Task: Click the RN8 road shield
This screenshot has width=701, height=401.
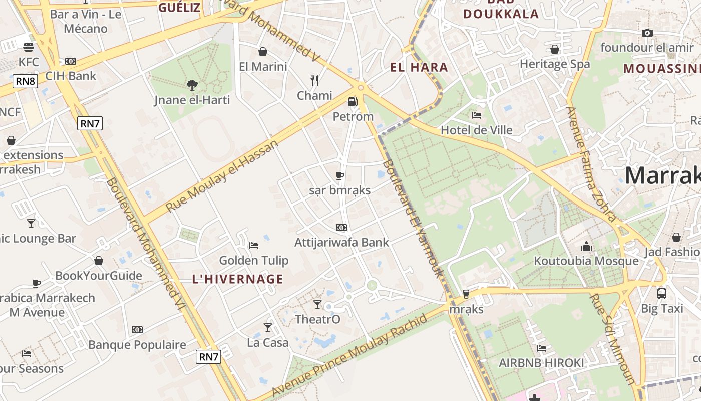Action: click(x=25, y=81)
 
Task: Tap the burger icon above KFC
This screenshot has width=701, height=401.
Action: click(x=29, y=47)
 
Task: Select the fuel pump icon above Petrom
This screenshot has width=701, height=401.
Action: click(x=353, y=102)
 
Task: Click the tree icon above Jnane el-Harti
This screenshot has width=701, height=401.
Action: click(x=192, y=85)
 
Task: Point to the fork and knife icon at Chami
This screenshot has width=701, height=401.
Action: click(x=314, y=80)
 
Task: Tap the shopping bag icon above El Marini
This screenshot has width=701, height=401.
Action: click(x=262, y=52)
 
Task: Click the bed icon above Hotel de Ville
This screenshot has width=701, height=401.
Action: click(x=477, y=115)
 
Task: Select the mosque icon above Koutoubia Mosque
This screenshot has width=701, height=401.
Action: click(x=586, y=246)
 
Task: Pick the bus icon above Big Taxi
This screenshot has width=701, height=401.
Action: click(x=662, y=293)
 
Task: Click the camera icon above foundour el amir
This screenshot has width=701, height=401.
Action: click(x=647, y=33)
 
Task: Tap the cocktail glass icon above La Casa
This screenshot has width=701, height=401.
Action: click(x=268, y=328)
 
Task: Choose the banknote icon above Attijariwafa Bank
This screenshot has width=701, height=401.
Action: click(x=341, y=228)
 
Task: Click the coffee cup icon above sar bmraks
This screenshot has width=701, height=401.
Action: click(x=340, y=175)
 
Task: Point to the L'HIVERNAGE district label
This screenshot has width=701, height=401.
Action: click(x=238, y=279)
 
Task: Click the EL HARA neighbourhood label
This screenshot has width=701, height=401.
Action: click(x=419, y=67)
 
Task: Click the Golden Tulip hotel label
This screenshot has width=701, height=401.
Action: click(x=254, y=260)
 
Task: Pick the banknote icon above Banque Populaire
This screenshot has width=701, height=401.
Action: click(x=137, y=330)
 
